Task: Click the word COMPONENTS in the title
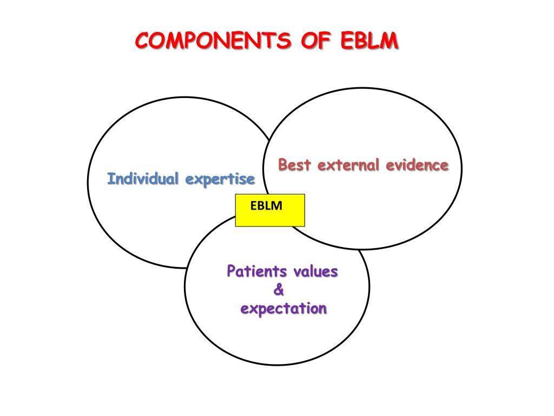point(210,41)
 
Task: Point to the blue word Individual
point(143,178)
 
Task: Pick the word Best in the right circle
point(295,165)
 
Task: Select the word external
point(349,165)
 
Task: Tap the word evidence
point(417,165)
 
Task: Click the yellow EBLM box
point(270,210)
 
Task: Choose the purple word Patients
point(256,271)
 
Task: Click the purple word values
point(315,271)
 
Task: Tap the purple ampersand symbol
point(279,290)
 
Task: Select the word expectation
point(283,309)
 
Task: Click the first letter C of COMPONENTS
point(141,41)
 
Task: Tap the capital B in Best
point(283,165)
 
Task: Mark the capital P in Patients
point(232,271)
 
